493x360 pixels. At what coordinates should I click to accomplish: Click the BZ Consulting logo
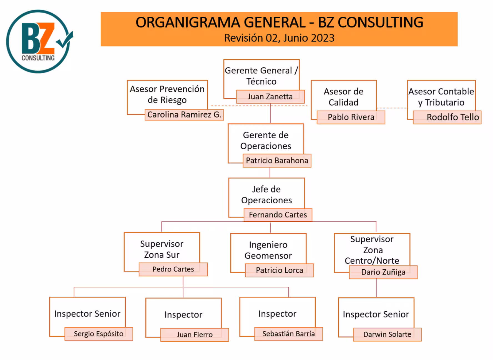tap(39, 42)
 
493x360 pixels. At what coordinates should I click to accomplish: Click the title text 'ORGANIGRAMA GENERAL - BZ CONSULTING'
tap(279, 22)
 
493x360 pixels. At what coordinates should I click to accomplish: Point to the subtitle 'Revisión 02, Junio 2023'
tap(279, 38)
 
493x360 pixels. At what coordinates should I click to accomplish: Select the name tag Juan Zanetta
tap(270, 97)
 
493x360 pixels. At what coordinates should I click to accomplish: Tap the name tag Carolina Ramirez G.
tap(184, 115)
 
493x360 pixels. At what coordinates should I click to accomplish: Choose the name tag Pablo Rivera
tap(351, 117)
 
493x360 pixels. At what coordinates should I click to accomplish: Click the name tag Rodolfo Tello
tap(447, 117)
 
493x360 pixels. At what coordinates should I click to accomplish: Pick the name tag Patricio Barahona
tap(277, 161)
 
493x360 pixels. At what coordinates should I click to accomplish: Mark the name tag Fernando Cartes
tap(278, 215)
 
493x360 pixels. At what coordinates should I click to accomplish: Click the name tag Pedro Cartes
tap(173, 269)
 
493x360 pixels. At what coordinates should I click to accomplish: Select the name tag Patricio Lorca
tap(279, 270)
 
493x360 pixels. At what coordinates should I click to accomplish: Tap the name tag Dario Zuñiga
tap(383, 272)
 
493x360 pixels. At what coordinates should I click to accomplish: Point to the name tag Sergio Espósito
tap(99, 334)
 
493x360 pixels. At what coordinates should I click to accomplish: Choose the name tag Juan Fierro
tap(195, 335)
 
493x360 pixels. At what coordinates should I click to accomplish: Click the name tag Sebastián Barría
tap(288, 334)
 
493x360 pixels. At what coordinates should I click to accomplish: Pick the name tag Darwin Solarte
tap(387, 334)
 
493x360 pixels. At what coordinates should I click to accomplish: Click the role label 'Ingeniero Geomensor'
tap(268, 250)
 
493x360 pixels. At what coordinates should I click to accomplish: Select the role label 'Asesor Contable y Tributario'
tap(441, 97)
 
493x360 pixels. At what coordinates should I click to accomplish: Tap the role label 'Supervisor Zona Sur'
tap(162, 249)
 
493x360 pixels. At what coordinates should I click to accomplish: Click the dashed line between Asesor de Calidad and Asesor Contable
tap(392, 108)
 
